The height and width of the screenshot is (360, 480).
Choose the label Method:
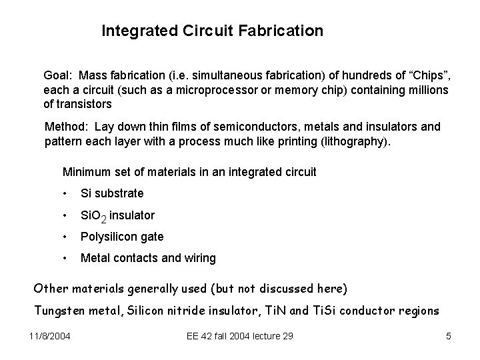(x=66, y=127)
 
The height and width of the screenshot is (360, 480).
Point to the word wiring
(x=200, y=259)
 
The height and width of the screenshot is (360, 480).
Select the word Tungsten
(x=58, y=309)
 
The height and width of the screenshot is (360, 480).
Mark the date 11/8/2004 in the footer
(x=53, y=336)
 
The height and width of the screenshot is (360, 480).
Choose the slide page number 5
(x=448, y=336)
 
